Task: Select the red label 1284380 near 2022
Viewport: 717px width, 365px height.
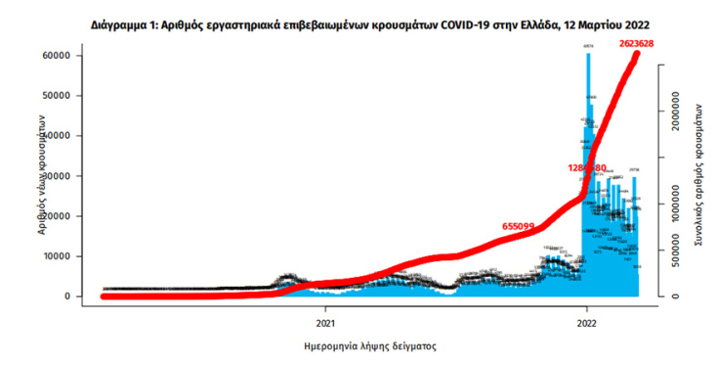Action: click(x=587, y=168)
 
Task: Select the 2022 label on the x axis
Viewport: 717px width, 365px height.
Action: click(x=587, y=321)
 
